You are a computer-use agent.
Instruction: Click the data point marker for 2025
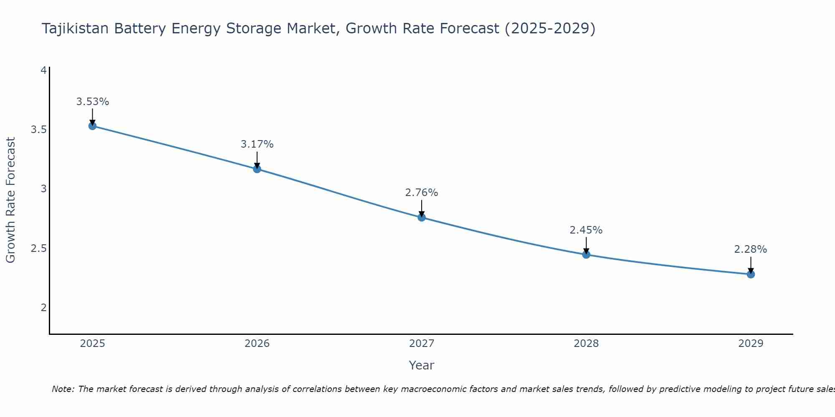click(x=93, y=126)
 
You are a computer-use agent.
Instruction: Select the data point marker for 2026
click(x=257, y=169)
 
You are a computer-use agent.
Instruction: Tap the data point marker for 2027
click(x=422, y=217)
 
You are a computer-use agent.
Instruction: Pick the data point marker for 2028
click(x=586, y=254)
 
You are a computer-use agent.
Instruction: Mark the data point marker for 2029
click(x=751, y=274)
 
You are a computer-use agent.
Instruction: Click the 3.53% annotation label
click(x=93, y=102)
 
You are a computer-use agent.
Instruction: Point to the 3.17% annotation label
click(x=257, y=144)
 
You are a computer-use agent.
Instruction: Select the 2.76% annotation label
click(x=422, y=193)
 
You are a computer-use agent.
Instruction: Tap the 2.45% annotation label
click(x=586, y=230)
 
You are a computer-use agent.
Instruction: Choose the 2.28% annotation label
click(x=751, y=249)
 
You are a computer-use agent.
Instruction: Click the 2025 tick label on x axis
click(x=93, y=344)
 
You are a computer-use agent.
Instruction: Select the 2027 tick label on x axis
click(x=422, y=344)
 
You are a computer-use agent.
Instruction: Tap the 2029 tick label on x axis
click(x=751, y=344)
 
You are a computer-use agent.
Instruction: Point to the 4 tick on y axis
click(x=43, y=70)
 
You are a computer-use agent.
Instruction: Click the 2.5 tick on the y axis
click(x=39, y=249)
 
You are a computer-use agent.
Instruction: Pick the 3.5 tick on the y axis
click(x=39, y=130)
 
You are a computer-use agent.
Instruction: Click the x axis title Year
click(x=422, y=365)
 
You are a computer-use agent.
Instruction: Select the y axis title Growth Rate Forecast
click(x=10, y=200)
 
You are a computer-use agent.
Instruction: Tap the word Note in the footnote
click(x=63, y=389)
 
